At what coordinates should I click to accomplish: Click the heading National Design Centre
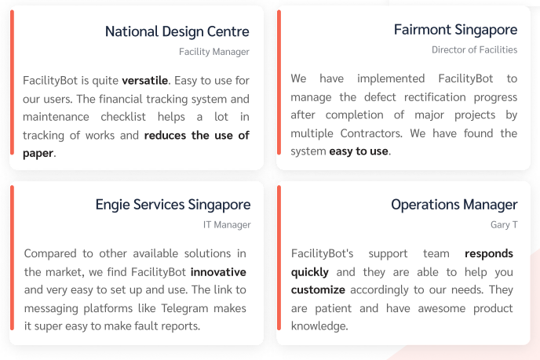click(177, 31)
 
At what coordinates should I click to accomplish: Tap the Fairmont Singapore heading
click(455, 31)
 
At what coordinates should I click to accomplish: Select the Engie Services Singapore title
click(173, 205)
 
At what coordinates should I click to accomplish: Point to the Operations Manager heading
click(454, 205)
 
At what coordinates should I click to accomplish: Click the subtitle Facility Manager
click(213, 52)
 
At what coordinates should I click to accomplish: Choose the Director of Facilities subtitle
click(474, 50)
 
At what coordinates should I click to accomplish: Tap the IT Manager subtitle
click(227, 225)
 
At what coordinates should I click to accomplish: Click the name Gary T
click(504, 225)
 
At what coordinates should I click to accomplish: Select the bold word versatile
click(145, 81)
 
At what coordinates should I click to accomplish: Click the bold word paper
click(38, 153)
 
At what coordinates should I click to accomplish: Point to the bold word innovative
click(218, 272)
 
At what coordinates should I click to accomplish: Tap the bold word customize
click(318, 289)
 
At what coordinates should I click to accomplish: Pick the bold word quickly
click(309, 273)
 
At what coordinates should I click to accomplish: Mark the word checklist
click(123, 117)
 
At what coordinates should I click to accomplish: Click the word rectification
click(435, 97)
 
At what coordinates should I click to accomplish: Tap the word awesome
click(442, 308)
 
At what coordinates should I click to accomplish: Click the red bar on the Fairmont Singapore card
click(279, 82)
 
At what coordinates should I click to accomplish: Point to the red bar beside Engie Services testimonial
click(13, 258)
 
